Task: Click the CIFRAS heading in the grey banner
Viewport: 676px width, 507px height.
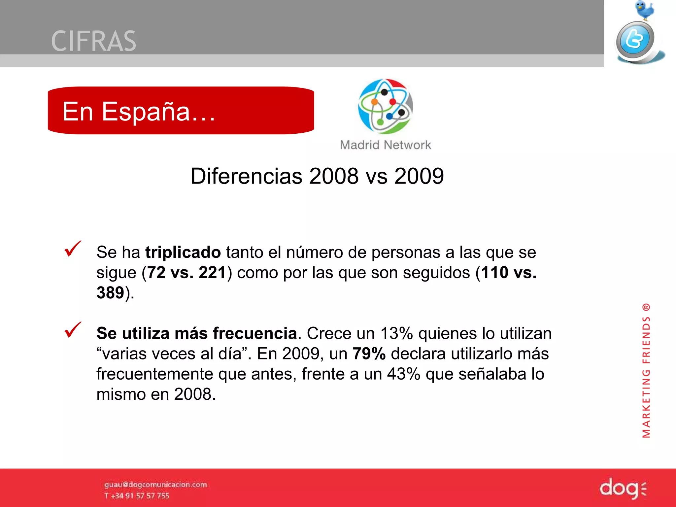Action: [x=94, y=41]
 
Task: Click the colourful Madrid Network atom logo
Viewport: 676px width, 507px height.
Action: [x=385, y=106]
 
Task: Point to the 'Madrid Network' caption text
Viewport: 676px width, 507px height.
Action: [x=385, y=145]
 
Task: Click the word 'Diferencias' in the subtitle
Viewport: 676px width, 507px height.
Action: [x=246, y=176]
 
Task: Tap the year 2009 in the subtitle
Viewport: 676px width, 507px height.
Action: [x=419, y=176]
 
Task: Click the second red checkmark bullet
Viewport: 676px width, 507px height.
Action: [x=73, y=330]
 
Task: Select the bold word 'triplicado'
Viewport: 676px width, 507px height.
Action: [x=183, y=253]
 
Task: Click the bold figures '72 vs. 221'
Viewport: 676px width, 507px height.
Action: [x=186, y=273]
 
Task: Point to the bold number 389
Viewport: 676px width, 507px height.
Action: [x=110, y=293]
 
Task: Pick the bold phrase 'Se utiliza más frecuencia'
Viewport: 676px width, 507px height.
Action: [x=197, y=333]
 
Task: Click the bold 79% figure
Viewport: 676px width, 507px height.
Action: [x=369, y=354]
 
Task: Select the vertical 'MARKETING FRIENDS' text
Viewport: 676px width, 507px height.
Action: [x=646, y=371]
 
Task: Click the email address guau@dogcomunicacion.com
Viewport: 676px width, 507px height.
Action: [x=155, y=485]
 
